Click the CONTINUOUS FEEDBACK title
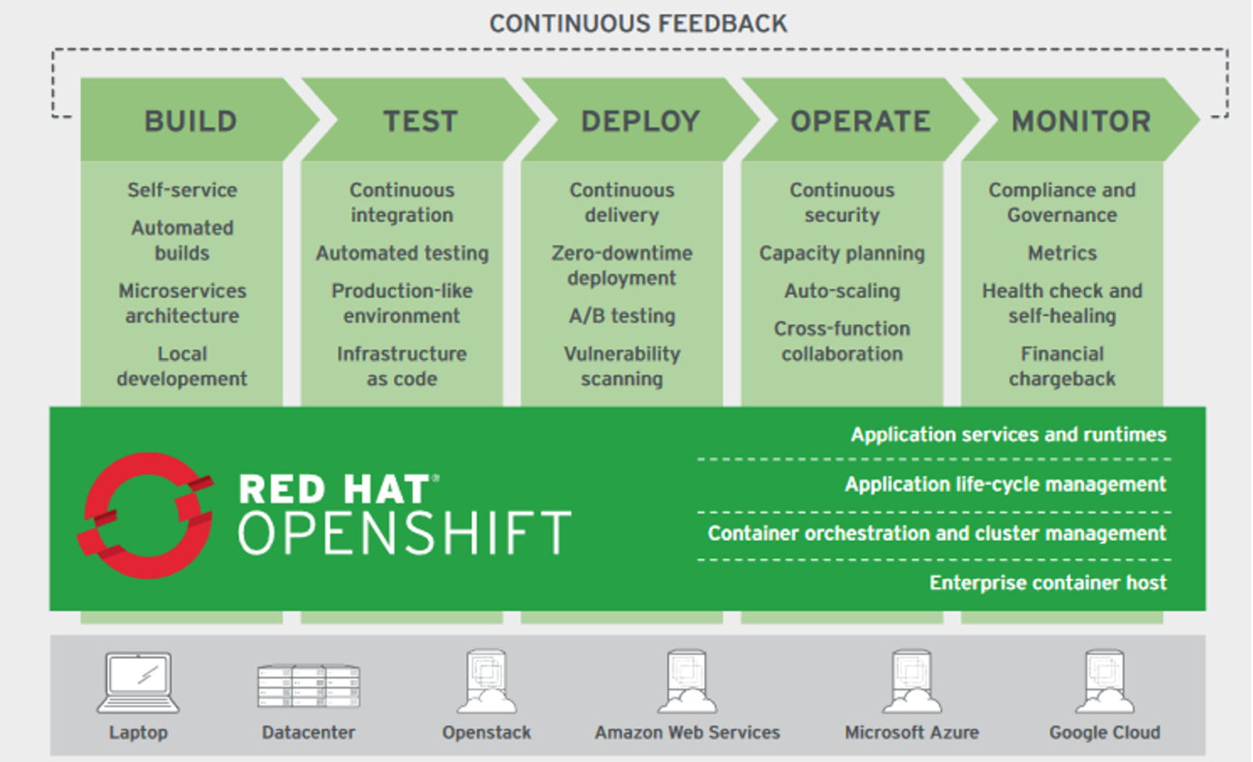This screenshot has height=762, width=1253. coord(638,24)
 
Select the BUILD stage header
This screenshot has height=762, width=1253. coord(191,121)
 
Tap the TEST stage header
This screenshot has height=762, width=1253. coord(420,121)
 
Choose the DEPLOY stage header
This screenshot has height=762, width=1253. coord(641,121)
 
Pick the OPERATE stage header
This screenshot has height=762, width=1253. coord(860,121)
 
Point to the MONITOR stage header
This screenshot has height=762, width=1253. coord(1081,121)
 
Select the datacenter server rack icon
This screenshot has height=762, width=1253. coord(308,686)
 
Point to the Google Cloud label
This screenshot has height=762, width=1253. coord(1104,732)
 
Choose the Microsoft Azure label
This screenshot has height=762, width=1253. coord(911,732)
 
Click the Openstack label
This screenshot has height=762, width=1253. coord(486,732)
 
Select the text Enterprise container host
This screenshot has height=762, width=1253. coord(1048,582)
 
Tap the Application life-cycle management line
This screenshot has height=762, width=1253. coord(1005,484)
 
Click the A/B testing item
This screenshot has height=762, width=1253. coord(622,316)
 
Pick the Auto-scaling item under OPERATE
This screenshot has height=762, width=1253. coord(842,291)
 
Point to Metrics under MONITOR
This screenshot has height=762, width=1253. coord(1062,253)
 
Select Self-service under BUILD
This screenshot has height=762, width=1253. coord(181,190)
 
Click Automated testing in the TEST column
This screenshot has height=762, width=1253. coord(402,253)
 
